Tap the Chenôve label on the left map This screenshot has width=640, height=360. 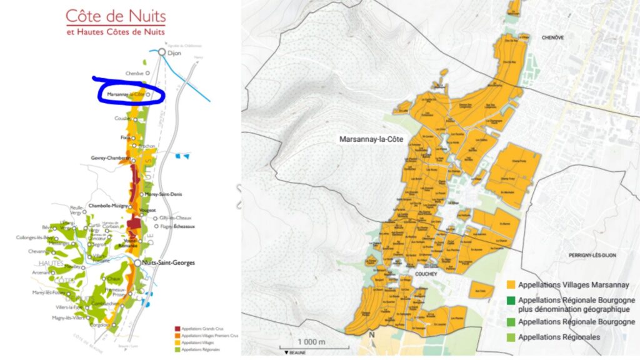click(134, 73)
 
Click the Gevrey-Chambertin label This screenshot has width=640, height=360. click(110, 158)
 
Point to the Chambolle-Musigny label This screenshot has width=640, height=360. click(110, 205)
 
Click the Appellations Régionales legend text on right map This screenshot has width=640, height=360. click(559, 337)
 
